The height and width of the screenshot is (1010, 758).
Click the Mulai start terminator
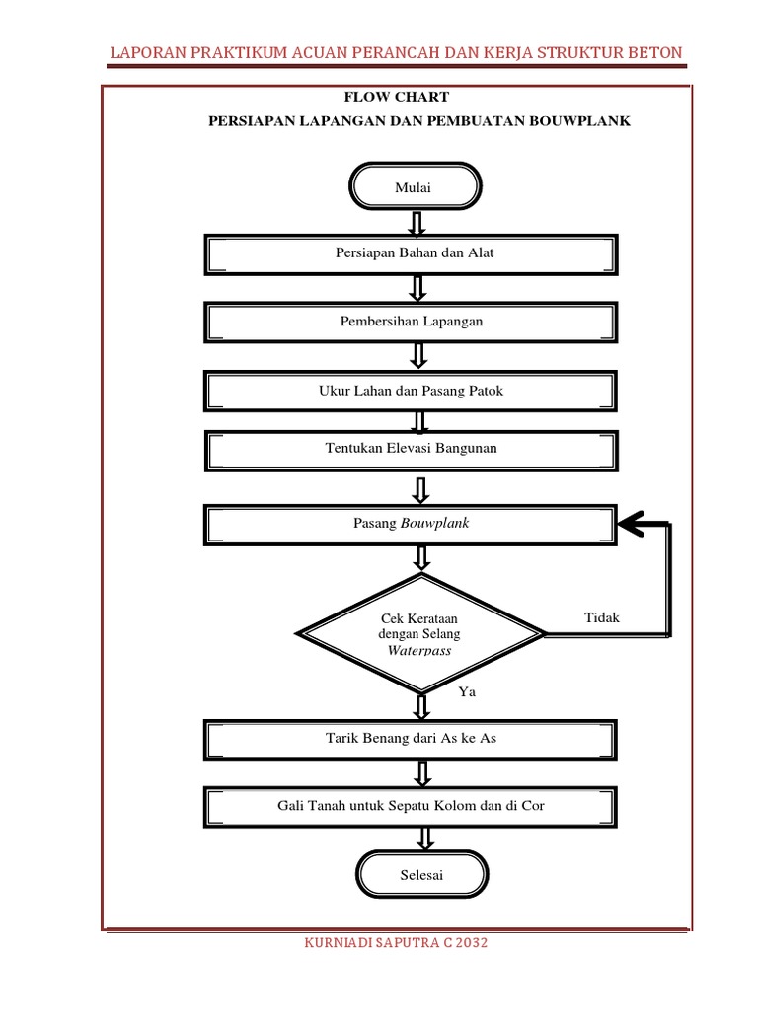pyautogui.click(x=416, y=187)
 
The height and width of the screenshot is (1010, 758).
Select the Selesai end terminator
pyautogui.click(x=421, y=875)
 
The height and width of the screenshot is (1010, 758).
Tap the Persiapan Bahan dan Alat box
pyautogui.click(x=412, y=253)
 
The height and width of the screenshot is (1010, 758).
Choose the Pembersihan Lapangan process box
pyautogui.click(x=412, y=322)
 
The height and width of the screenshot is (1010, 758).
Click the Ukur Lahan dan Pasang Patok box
pyautogui.click(x=412, y=391)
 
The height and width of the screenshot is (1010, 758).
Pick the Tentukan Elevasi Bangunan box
pyautogui.click(x=412, y=449)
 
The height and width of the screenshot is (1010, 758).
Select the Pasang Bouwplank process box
pyautogui.click(x=412, y=524)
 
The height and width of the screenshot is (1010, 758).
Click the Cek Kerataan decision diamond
pyautogui.click(x=420, y=633)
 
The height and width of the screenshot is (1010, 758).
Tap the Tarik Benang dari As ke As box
pyautogui.click(x=412, y=738)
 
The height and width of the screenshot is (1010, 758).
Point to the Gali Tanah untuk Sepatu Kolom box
pyautogui.click(x=412, y=806)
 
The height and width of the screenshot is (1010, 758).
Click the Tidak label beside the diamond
pyautogui.click(x=602, y=617)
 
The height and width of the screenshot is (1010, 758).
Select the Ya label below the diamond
pyautogui.click(x=467, y=692)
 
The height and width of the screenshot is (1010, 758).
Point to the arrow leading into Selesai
pyautogui.click(x=424, y=837)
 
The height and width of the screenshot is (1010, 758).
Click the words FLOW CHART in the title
pyautogui.click(x=395, y=97)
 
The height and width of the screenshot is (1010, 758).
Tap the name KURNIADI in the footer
pyautogui.click(x=342, y=943)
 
